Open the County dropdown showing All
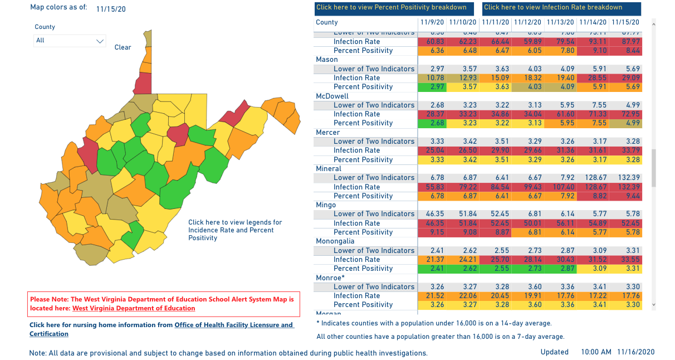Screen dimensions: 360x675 click(x=70, y=41)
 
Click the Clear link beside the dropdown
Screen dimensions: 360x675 click(x=123, y=47)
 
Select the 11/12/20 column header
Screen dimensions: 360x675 click(x=527, y=23)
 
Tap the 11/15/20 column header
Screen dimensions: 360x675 click(x=625, y=23)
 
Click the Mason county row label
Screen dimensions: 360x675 click(x=326, y=60)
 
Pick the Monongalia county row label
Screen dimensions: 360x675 click(x=335, y=241)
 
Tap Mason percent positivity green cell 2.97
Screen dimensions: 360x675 click(x=433, y=87)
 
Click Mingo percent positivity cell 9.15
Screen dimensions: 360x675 click(x=433, y=232)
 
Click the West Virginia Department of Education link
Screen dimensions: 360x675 click(x=134, y=308)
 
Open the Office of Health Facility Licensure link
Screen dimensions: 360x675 click(x=234, y=325)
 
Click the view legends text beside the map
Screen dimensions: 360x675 click(x=235, y=230)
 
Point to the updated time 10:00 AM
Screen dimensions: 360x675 click(x=595, y=352)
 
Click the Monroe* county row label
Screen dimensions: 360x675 click(x=330, y=278)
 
